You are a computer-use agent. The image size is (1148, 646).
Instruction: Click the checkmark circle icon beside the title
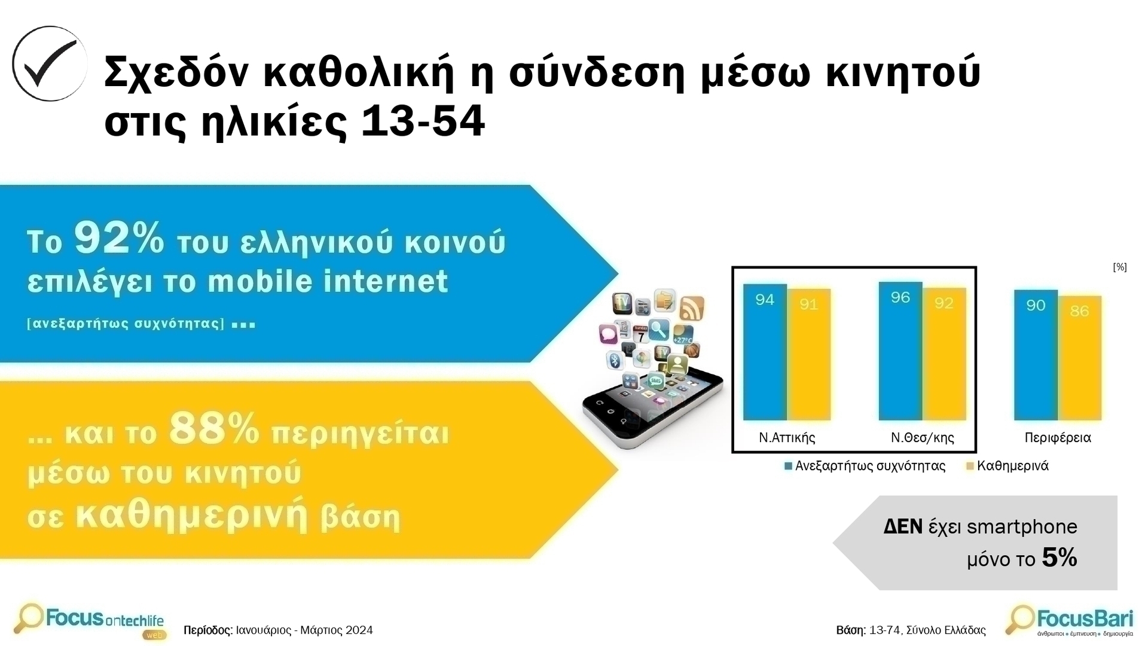(50, 63)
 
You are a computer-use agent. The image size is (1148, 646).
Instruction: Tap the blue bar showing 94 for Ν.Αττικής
(765, 352)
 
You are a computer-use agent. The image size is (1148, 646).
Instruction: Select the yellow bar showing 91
(809, 354)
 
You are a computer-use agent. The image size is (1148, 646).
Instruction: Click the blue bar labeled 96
(900, 351)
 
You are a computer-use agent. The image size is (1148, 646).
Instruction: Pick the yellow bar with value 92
(944, 354)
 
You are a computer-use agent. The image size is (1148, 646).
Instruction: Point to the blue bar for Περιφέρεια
(1036, 355)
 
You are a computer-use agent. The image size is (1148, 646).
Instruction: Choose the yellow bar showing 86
(1080, 358)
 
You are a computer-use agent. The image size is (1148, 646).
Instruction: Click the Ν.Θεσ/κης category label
(922, 438)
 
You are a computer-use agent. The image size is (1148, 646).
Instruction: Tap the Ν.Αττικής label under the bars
(787, 438)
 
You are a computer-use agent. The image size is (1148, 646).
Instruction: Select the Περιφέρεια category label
(1058, 438)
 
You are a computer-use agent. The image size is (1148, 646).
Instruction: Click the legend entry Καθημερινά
(1007, 466)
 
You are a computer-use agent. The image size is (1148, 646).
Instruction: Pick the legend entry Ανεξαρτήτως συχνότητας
(865, 466)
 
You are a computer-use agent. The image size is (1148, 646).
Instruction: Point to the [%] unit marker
(1120, 267)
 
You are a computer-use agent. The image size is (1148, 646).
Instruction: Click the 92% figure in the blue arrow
(119, 238)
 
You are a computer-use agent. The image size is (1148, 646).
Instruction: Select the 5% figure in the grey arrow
(1060, 557)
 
